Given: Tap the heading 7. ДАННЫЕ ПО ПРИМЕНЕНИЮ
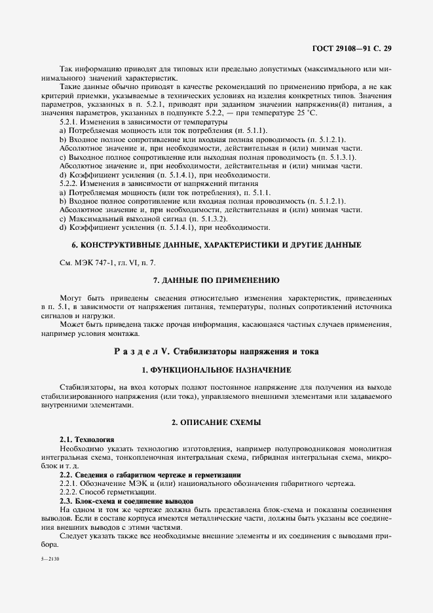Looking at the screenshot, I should [216, 280].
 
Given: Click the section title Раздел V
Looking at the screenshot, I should [216, 351].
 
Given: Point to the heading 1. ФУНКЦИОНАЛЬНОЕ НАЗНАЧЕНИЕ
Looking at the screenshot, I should [216, 370].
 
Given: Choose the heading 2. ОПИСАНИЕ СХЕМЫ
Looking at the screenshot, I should [216, 423].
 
